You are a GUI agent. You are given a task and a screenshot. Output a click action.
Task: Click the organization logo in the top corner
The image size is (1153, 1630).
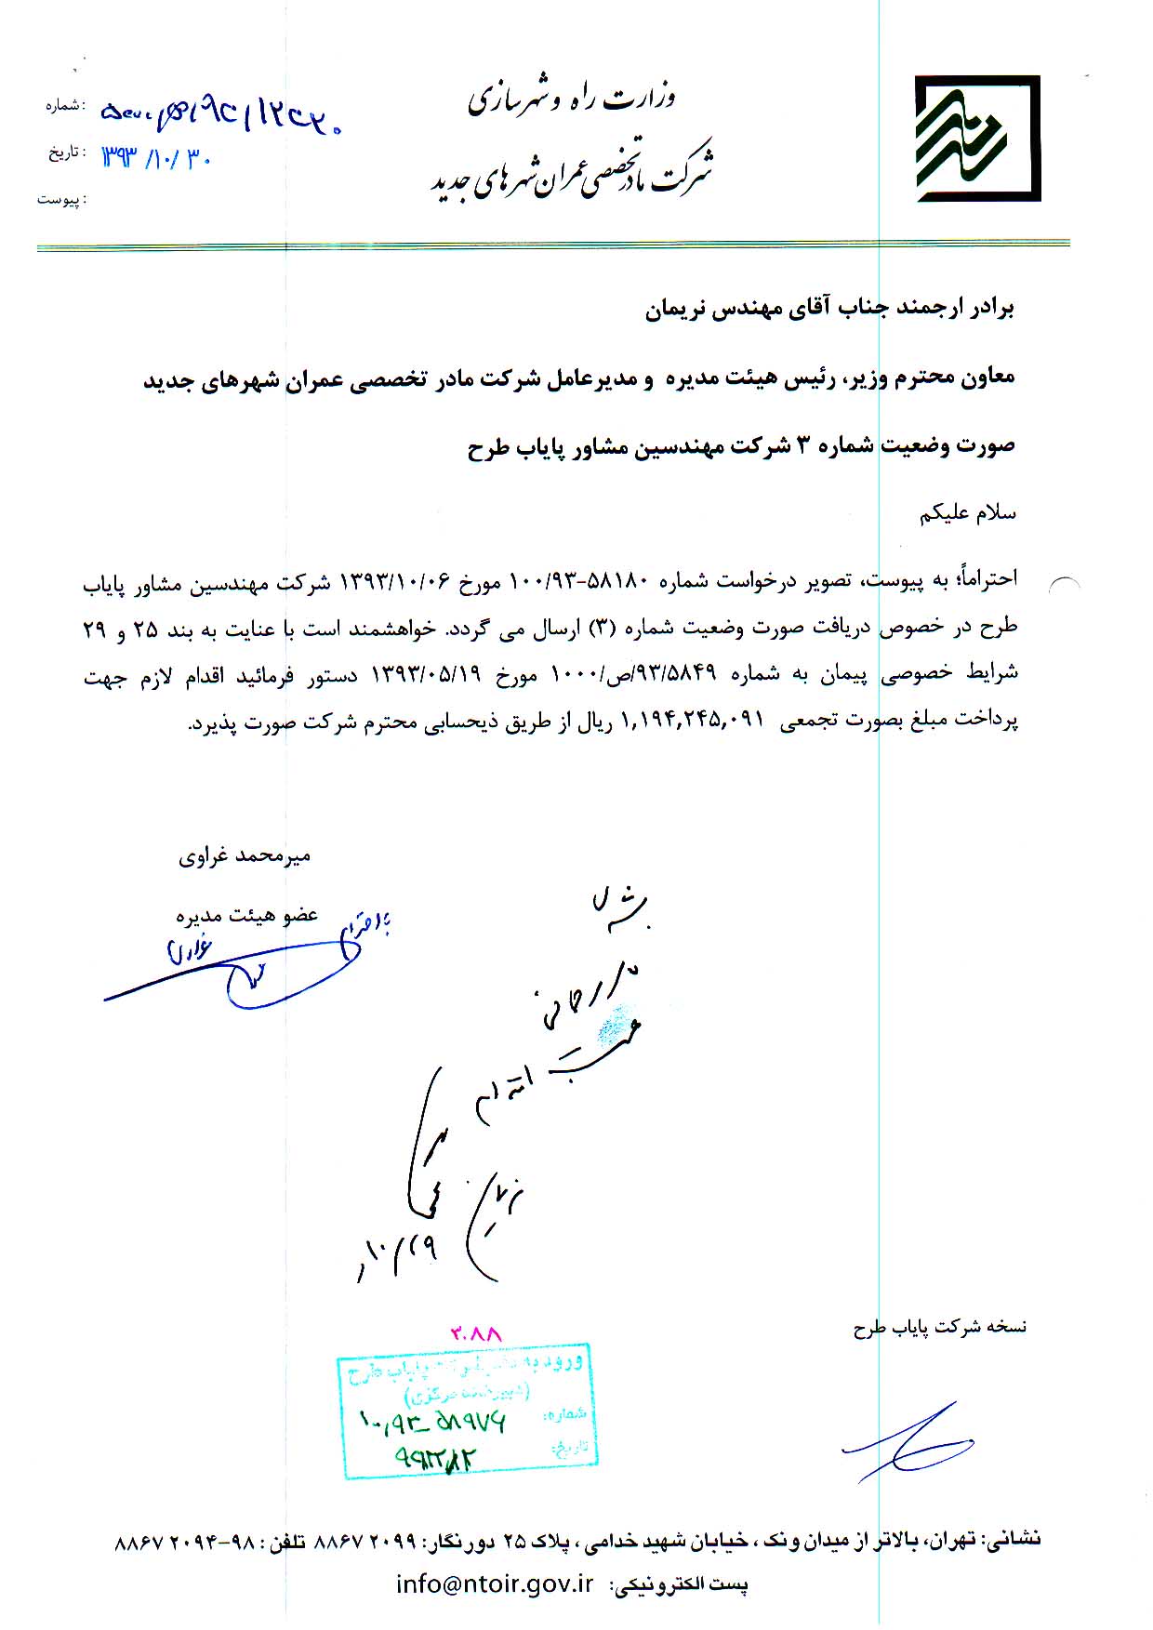coord(976,139)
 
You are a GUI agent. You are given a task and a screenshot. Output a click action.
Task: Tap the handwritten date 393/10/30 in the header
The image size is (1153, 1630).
coord(157,157)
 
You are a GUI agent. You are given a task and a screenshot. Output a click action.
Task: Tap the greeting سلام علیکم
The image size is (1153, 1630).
coord(968,513)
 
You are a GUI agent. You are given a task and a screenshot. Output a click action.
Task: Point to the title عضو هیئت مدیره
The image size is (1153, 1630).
coord(246,915)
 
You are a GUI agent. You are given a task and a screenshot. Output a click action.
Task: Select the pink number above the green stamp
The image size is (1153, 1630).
coord(476,1333)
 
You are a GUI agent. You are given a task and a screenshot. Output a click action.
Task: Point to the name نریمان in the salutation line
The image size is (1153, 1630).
coord(677,310)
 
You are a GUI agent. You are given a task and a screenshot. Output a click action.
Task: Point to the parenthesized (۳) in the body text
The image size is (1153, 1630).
coord(600,627)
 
